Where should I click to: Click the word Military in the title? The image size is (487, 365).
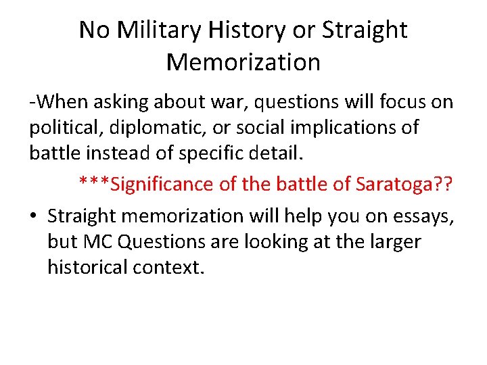tap(150, 30)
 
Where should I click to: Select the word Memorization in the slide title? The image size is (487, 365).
tap(243, 62)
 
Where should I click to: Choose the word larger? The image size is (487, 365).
tap(392, 242)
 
